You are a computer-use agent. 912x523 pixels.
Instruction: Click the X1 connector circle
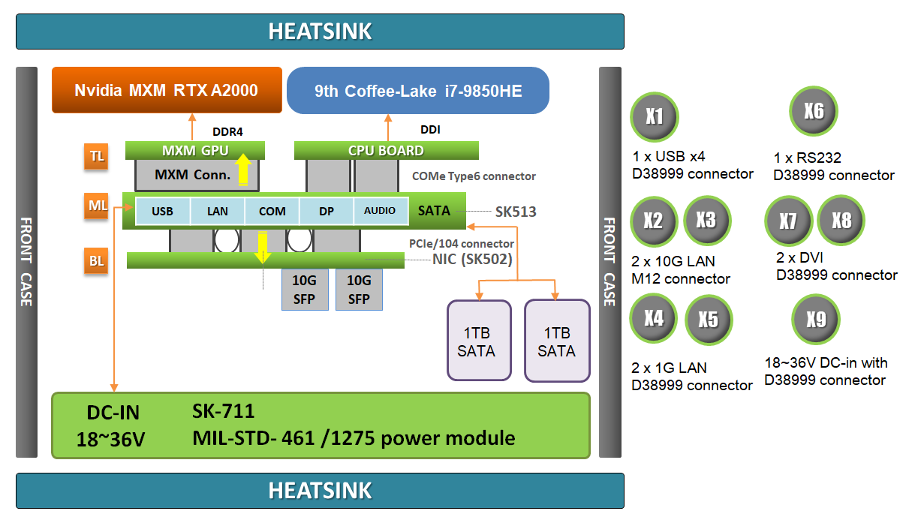pyautogui.click(x=655, y=117)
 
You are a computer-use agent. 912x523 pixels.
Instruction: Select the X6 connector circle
pyautogui.click(x=814, y=112)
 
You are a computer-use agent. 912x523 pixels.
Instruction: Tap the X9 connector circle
pyautogui.click(x=816, y=320)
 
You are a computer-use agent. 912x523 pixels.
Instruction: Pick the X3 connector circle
pyautogui.click(x=706, y=220)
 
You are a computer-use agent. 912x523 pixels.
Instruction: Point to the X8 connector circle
pyautogui.click(x=841, y=221)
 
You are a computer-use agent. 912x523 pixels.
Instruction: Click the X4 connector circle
pyautogui.click(x=654, y=318)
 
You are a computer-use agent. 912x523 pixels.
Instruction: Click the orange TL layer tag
pyautogui.click(x=97, y=157)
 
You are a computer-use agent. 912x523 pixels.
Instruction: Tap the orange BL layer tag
pyautogui.click(x=97, y=262)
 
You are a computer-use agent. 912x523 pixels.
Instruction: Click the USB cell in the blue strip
pyautogui.click(x=162, y=212)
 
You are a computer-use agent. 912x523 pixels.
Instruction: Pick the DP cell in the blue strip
pyautogui.click(x=327, y=212)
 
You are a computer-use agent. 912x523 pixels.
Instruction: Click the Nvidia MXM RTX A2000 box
pyautogui.click(x=167, y=91)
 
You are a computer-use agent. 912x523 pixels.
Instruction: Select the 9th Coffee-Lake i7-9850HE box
pyautogui.click(x=418, y=92)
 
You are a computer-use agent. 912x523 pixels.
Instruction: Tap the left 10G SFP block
pyautogui.click(x=305, y=290)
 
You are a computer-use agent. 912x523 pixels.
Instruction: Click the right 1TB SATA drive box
pyautogui.click(x=556, y=341)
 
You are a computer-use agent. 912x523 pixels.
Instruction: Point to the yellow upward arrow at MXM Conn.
pyautogui.click(x=242, y=170)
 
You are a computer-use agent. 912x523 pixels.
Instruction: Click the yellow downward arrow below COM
pyautogui.click(x=263, y=247)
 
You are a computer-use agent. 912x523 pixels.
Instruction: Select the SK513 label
pyautogui.click(x=516, y=212)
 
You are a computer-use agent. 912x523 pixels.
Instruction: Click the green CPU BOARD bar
pyautogui.click(x=386, y=150)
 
